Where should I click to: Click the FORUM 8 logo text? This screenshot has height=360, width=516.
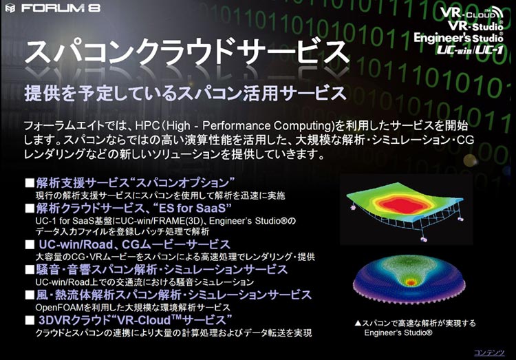[61, 8]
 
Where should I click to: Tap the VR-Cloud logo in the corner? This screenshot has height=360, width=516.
[471, 13]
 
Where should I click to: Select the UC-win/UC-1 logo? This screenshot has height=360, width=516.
[470, 50]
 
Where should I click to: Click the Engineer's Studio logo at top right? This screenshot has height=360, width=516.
[458, 38]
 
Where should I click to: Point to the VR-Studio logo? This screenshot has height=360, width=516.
[475, 25]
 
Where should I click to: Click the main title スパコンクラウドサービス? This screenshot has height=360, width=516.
[187, 53]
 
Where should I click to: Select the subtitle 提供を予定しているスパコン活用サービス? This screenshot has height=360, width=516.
[185, 93]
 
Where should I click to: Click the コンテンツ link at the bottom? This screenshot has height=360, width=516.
[489, 352]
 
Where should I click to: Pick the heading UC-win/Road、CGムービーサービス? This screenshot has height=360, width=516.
[135, 244]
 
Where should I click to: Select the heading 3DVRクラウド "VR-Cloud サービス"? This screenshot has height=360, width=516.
[136, 320]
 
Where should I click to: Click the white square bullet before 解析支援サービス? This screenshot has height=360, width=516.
[30, 183]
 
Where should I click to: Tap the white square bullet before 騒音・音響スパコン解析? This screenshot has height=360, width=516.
[30, 270]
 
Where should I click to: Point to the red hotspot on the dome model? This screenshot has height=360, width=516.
[410, 282]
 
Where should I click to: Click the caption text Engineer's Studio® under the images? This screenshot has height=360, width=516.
[398, 332]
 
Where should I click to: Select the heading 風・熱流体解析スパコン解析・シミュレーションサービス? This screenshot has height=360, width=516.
[174, 295]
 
